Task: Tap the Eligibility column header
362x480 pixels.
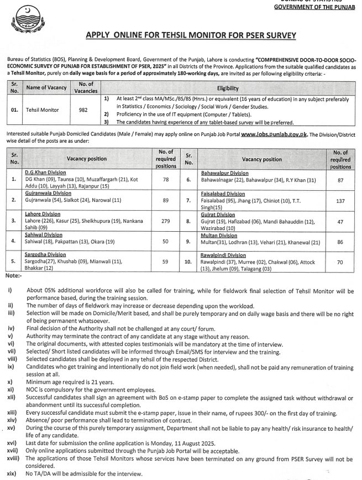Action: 228,87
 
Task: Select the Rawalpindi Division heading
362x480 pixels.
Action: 223,255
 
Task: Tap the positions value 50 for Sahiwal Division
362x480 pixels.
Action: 166,241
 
